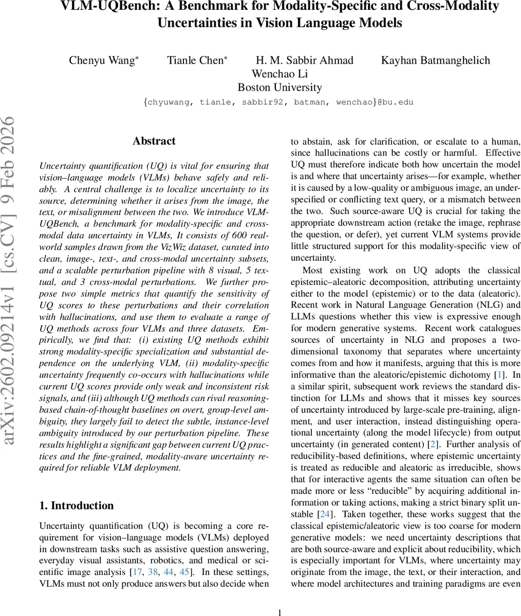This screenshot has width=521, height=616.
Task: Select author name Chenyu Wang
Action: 103,61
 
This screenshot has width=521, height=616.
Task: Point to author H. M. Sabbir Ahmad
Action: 305,61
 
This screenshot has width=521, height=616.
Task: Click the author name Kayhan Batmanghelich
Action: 435,61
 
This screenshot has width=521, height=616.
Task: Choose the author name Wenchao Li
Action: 280,74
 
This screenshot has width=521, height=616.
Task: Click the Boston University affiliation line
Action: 280,87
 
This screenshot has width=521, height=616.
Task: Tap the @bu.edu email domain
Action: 396,102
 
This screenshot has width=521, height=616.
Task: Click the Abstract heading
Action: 154,141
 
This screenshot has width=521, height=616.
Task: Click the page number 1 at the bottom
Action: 280,612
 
